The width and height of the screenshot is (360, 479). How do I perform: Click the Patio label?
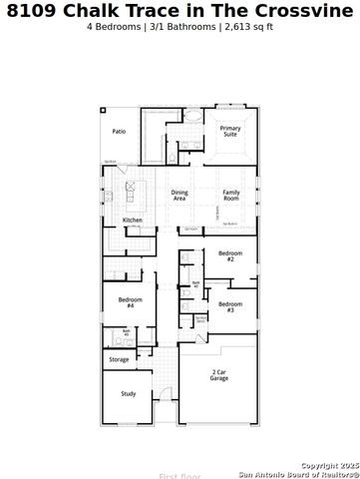(119, 132)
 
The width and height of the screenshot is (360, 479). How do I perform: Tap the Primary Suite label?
(230, 132)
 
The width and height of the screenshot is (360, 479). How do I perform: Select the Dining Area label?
(180, 195)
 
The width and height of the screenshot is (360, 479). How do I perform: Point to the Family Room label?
(231, 195)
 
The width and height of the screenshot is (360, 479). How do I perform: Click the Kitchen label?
(133, 221)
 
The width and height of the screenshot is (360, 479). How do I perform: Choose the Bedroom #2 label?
(229, 256)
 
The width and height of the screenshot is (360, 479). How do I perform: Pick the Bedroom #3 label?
(229, 306)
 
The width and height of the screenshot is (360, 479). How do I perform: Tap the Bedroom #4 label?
(131, 302)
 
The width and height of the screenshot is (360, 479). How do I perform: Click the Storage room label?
(119, 359)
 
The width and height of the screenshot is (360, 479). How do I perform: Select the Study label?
(128, 394)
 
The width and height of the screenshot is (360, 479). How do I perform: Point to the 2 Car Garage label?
(219, 376)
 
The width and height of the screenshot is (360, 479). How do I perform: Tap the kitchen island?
(130, 189)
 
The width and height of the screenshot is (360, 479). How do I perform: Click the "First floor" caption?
(180, 476)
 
